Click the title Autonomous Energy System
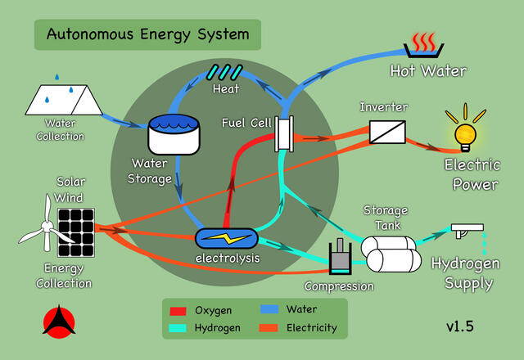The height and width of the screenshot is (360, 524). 147,34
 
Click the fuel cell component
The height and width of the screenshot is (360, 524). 284,133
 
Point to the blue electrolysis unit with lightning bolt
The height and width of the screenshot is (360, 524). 225,239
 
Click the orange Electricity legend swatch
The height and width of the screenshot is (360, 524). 269,328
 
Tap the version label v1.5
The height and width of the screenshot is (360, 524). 459,326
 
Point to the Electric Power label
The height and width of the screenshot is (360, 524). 471,174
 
